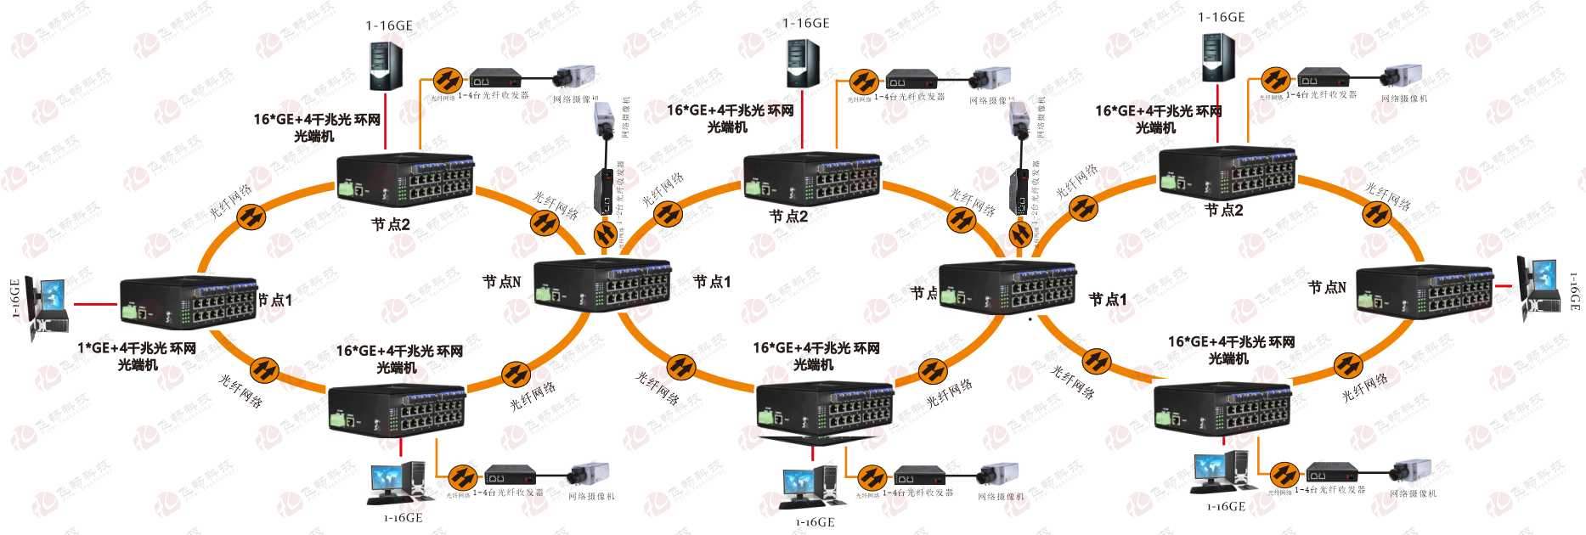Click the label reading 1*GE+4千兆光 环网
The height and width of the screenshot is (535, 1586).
point(137,348)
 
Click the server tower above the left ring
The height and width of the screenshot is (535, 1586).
point(386,65)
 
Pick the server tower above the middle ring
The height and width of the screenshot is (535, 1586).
point(802,63)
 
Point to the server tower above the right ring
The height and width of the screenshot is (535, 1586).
point(1217,57)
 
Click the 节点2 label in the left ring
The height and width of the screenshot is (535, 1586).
point(391,225)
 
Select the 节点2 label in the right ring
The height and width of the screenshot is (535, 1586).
point(1224,211)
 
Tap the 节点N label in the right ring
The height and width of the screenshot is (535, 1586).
point(1327,288)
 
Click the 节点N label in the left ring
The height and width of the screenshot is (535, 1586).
point(501,282)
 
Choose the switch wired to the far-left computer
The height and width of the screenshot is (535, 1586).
point(189,302)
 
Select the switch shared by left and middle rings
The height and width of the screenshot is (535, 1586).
point(602,284)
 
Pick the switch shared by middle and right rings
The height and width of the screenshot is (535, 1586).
point(1007,289)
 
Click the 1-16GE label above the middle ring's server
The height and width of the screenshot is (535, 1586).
point(805,24)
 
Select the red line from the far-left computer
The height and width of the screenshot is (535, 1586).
point(95,303)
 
